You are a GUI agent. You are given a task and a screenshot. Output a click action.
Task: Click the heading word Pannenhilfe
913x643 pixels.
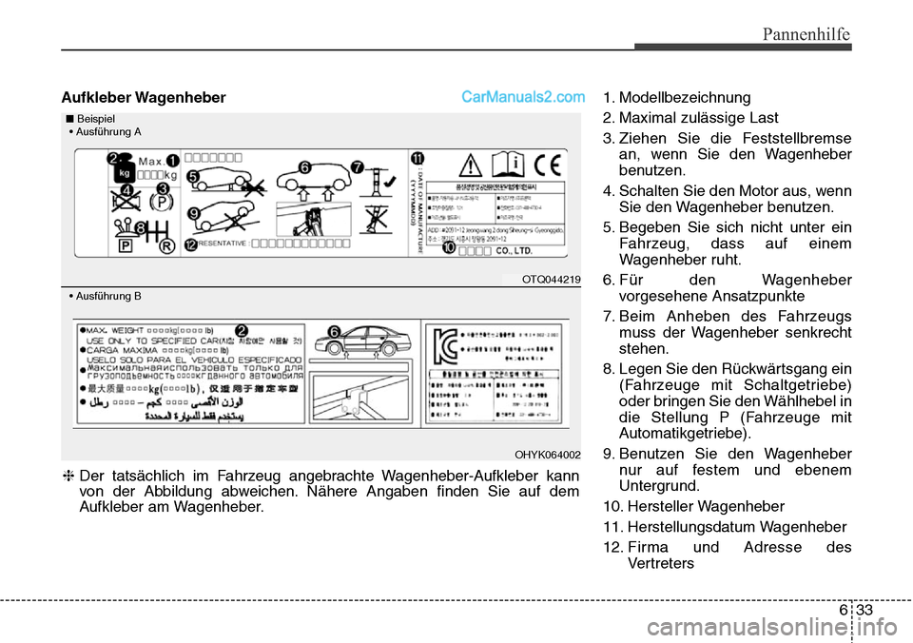(805, 35)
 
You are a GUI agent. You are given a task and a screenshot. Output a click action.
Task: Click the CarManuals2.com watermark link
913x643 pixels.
(523, 97)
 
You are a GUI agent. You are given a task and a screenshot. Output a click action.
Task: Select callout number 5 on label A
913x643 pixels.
(192, 176)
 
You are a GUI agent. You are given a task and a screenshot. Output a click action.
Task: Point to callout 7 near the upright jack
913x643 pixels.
(358, 166)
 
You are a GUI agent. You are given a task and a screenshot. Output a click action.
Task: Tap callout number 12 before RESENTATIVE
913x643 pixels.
(192, 245)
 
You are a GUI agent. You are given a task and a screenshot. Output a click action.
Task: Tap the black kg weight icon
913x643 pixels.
(122, 175)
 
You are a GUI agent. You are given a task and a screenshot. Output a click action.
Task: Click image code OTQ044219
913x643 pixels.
(551, 279)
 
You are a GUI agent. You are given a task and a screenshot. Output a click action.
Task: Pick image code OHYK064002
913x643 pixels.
(548, 454)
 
